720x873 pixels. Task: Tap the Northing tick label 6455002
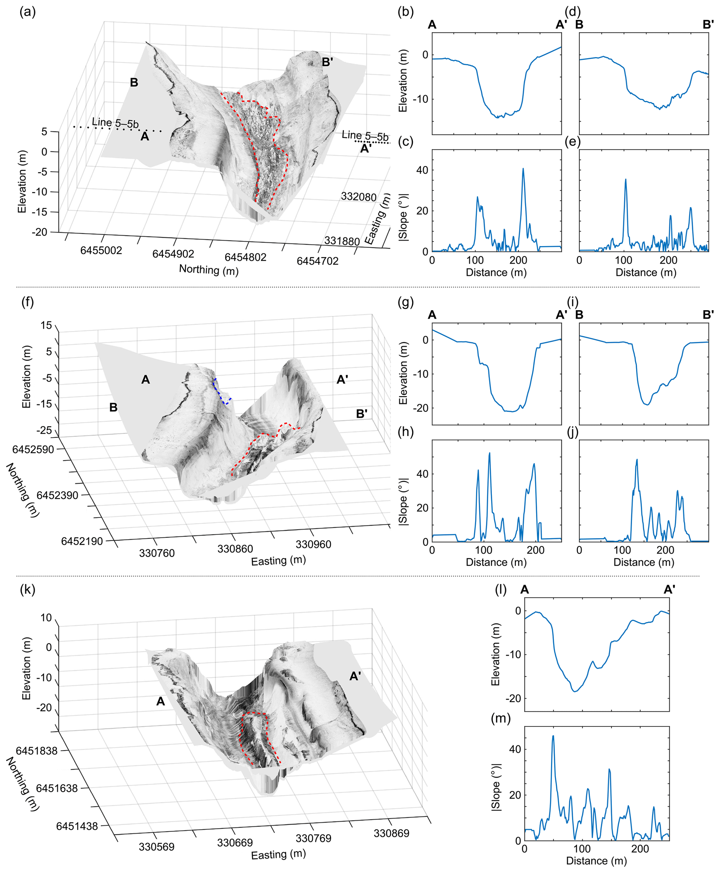[x=101, y=250]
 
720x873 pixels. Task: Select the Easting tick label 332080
[x=358, y=196]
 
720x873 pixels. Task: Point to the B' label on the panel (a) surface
[x=327, y=62]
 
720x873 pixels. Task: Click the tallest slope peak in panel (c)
[x=523, y=169]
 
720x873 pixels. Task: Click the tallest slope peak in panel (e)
[x=626, y=180]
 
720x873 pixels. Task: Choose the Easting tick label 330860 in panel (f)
[x=235, y=549]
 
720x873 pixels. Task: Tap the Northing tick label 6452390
[x=57, y=495]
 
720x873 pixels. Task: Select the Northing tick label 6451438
[x=77, y=826]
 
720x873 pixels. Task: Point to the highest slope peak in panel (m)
[x=553, y=736]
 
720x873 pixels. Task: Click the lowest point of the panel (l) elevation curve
[x=575, y=691]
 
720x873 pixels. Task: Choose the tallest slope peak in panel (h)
[x=489, y=453]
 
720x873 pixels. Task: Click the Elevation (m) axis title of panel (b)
[x=403, y=80]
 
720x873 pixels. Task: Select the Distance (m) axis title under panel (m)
[x=596, y=860]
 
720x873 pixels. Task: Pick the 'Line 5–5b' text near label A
[x=115, y=123]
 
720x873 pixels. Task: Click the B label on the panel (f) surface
[x=113, y=408]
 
